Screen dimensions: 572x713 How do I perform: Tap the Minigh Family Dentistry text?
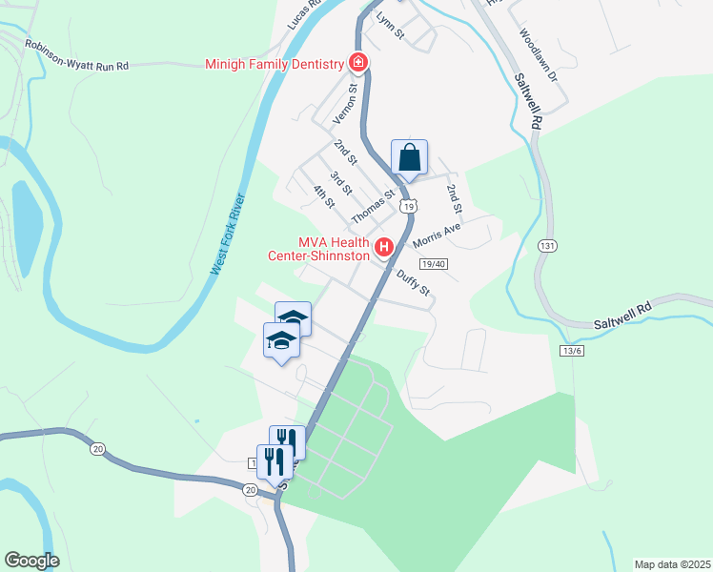[x=274, y=65]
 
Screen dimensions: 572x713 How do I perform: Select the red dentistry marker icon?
[x=358, y=63]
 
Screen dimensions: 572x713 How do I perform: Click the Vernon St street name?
[x=344, y=103]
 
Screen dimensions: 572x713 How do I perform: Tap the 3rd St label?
[x=340, y=183]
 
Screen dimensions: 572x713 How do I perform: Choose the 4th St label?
[x=324, y=196]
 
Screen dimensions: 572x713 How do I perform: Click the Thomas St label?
[x=373, y=207]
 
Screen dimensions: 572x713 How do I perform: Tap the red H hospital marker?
[x=384, y=249]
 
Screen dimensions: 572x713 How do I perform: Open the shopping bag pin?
[x=409, y=158]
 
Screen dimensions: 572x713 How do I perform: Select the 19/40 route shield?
[x=433, y=263]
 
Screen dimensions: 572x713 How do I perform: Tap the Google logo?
[x=31, y=561]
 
